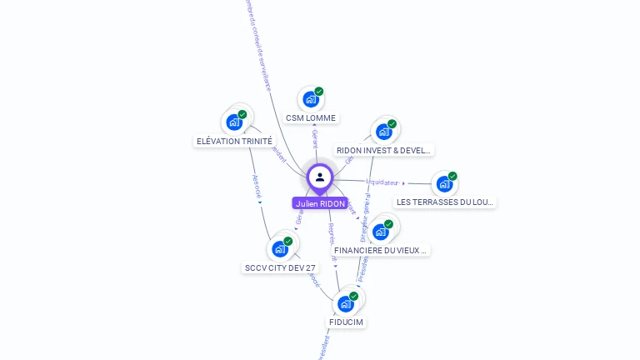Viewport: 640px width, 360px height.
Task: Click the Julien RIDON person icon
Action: [320, 177]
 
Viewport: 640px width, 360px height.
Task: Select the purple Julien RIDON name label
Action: [320, 203]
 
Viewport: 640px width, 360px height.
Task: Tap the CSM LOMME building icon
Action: [310, 99]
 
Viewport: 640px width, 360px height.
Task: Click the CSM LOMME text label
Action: [311, 118]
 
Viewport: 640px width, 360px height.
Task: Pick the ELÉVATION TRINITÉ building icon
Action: [234, 122]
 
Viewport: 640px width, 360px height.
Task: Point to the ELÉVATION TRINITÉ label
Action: [234, 141]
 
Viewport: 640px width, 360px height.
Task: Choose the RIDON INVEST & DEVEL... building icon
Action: [383, 131]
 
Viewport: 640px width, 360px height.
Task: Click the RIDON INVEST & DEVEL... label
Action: [383, 151]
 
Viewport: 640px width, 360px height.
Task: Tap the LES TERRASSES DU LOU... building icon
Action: [444, 183]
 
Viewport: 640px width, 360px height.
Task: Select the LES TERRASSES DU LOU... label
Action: [445, 202]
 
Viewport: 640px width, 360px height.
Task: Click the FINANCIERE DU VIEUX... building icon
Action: [381, 231]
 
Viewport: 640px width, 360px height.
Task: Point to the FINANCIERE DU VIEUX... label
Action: [381, 250]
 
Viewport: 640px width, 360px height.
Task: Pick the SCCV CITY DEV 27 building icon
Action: [280, 248]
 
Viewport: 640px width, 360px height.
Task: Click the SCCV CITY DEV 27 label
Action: [280, 267]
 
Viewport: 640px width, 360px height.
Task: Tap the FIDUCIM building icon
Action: [346, 303]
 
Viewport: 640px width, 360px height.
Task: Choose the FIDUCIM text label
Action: [346, 322]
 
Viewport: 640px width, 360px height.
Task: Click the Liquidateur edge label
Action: [382, 182]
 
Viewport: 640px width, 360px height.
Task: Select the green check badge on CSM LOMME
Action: [319, 92]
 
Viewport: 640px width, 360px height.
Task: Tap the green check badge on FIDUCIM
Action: [354, 296]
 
